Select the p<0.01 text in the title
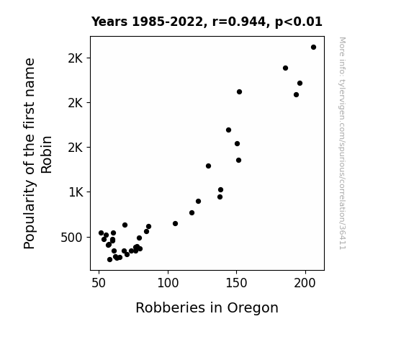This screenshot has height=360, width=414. coord(299,22)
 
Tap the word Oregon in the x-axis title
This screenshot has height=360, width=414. coord(253,308)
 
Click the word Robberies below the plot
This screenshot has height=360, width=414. coord(171,307)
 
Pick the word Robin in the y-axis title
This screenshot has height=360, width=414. coord(47,155)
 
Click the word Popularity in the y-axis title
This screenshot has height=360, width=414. coord(30,215)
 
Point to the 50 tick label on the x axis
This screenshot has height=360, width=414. coord(99,283)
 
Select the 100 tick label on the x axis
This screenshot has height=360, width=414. coord(168,283)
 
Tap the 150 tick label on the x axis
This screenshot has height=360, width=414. coord(237,283)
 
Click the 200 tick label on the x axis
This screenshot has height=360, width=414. coord(305,283)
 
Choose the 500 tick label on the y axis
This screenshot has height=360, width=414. coord(71,238)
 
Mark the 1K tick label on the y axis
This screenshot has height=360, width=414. coord(76,192)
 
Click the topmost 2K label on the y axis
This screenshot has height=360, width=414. coord(76,58)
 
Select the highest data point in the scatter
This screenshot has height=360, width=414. coord(313,48)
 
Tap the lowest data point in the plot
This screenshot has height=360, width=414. coord(110,260)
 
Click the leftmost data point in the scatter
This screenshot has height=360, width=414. coord(101,233)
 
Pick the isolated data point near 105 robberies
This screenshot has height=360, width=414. coord(175,224)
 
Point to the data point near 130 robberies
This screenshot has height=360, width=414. coord(208,166)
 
